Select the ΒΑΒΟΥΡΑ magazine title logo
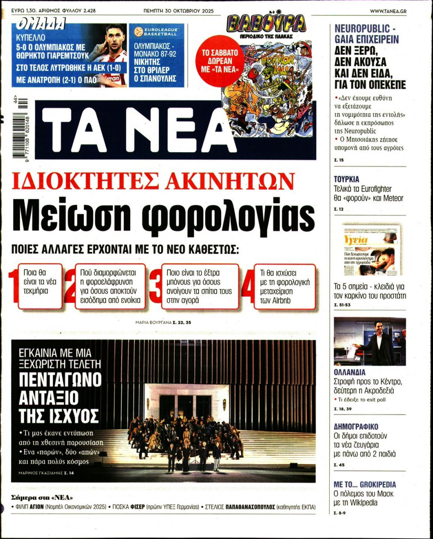click(x=266, y=23)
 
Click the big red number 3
click(x=155, y=287)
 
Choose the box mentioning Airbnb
click(x=284, y=287)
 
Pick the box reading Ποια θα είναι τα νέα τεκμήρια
click(x=40, y=286)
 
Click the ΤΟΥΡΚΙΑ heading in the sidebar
click(x=346, y=179)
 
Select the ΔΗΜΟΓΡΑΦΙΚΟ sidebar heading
click(x=356, y=427)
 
